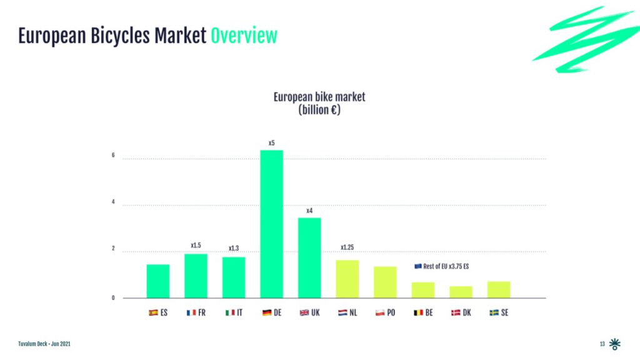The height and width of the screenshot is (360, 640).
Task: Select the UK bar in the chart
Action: [x=309, y=257]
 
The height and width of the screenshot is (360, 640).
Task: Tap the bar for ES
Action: [x=157, y=281]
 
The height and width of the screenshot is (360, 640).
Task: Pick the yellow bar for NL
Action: [x=347, y=279]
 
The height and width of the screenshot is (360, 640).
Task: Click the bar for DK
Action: [x=461, y=292]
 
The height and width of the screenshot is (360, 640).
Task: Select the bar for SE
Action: [x=499, y=289]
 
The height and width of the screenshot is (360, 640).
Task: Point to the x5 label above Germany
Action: [x=272, y=143]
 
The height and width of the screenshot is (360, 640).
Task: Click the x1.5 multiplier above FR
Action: [x=196, y=246]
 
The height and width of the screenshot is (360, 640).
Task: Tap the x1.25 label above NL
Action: [x=347, y=247]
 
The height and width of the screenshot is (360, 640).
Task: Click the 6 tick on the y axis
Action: [x=113, y=156]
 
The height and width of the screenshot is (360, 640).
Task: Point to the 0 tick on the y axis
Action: [x=113, y=298]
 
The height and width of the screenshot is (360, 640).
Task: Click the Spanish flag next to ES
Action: [x=152, y=312]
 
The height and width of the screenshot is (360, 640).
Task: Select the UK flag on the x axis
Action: [x=304, y=312]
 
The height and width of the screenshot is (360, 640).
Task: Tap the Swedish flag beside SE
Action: [x=493, y=312]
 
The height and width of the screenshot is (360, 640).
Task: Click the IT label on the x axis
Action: [x=239, y=312]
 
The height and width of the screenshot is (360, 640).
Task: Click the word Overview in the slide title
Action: [x=244, y=36]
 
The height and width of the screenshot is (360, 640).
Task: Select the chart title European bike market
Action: [x=319, y=97]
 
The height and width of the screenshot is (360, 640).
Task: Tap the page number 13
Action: [x=602, y=344]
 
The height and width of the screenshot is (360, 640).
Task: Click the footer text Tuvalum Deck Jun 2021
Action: [x=44, y=344]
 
